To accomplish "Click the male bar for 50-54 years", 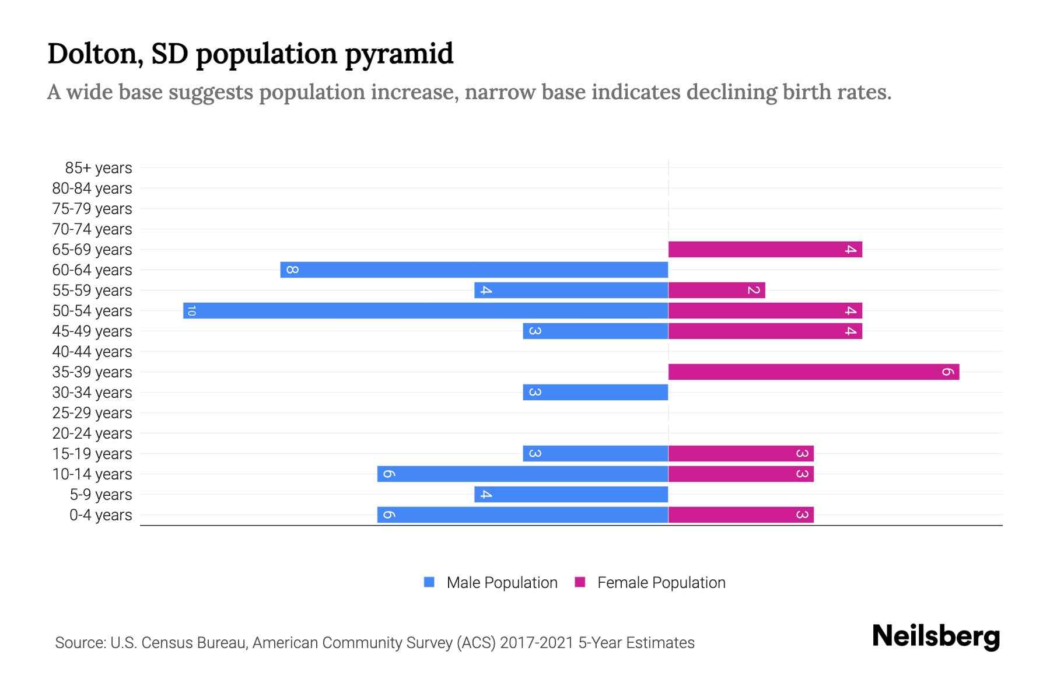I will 426,310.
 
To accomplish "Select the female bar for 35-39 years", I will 814,372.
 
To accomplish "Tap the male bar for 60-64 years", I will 474,269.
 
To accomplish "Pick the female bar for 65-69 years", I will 765,249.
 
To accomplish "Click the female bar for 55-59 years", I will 716,290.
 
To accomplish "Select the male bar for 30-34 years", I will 595,392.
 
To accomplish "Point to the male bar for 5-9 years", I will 571,494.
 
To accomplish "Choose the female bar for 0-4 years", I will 741,514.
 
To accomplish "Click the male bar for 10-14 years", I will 522,474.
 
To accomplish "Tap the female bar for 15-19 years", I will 741,453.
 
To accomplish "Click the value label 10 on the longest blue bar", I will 191,310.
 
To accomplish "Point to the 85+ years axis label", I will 98,168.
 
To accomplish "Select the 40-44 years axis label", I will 92,352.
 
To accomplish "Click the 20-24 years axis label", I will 92,433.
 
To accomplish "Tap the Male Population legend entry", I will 501,582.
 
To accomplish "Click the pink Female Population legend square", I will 580,582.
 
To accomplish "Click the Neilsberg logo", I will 936,636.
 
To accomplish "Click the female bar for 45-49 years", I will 765,331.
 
